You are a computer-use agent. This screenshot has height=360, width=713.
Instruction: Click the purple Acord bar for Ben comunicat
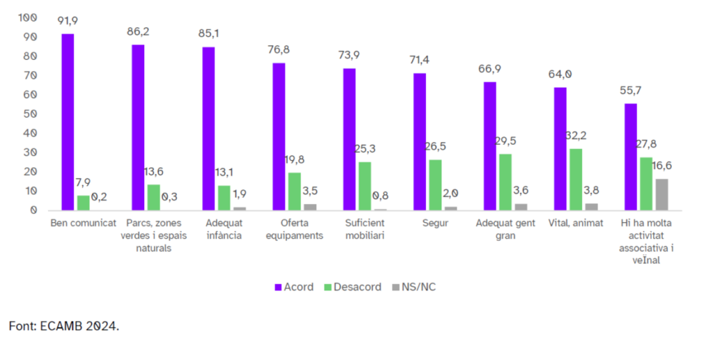(x=68, y=122)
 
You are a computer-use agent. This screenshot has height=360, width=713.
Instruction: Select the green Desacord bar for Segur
(x=434, y=185)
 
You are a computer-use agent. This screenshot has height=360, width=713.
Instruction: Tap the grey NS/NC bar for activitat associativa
(x=661, y=194)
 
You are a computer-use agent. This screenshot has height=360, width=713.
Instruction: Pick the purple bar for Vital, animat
(x=561, y=148)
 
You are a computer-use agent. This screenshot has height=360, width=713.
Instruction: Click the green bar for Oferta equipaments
(x=295, y=191)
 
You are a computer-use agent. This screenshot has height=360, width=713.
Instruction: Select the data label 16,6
(x=663, y=166)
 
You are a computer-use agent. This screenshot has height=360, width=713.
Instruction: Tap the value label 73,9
(x=349, y=56)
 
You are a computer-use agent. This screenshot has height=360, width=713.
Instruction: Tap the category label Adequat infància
(x=224, y=229)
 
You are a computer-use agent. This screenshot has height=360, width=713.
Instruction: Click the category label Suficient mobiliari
(x=365, y=229)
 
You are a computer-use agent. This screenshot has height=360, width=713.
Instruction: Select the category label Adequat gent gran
(x=506, y=229)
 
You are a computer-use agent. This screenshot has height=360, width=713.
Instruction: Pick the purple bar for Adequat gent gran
(x=489, y=146)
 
